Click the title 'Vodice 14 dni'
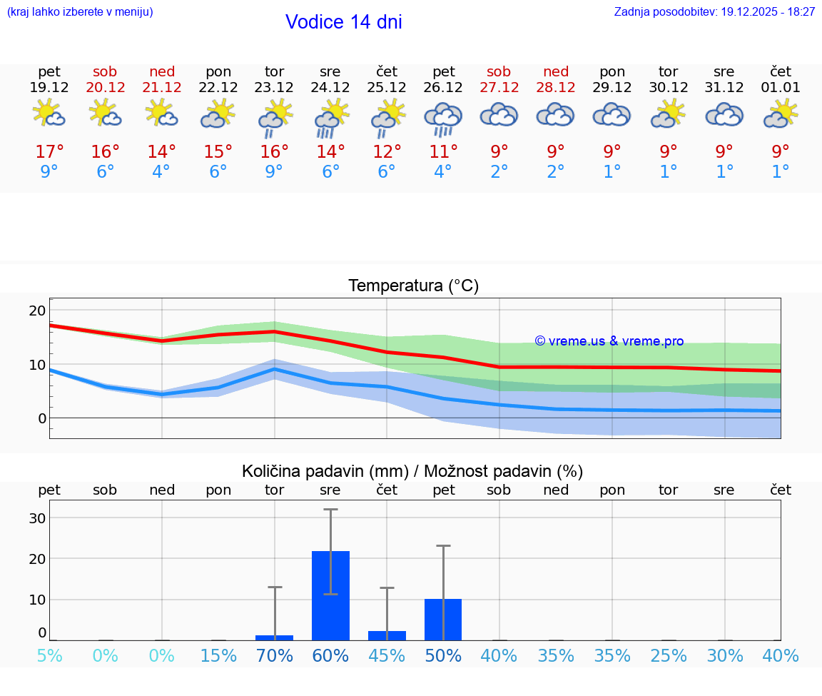343,22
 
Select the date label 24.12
330,87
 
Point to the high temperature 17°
49,151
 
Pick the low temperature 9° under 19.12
49,172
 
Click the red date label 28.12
556,87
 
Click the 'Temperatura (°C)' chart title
413,286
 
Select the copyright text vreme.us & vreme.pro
609,341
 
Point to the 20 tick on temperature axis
37,311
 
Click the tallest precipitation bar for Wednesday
330,595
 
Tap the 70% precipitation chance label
275,656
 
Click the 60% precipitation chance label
330,656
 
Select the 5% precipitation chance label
49,656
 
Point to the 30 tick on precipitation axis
37,518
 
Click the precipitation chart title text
412,471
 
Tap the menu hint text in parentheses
80,11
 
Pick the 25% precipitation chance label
669,656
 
